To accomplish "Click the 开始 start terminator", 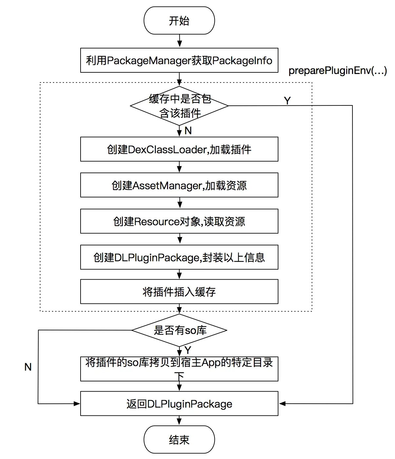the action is tap(179, 20).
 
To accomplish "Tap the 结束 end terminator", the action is tap(179, 439).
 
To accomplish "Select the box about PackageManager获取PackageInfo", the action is tap(179, 60).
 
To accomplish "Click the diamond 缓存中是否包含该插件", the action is tap(179, 106).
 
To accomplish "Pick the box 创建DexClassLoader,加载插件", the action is tap(179, 149).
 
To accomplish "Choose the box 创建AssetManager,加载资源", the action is tap(179, 185).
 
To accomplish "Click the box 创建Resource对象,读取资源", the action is tap(179, 221).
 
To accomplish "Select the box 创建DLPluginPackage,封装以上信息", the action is tap(179, 257).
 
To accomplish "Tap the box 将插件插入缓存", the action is tap(179, 292).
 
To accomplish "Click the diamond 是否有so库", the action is tap(179, 330).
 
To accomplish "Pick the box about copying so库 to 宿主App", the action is tap(179, 369).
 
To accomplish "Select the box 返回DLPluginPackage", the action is tap(179, 403).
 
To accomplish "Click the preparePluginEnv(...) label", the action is tap(338, 71).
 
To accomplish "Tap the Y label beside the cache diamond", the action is tap(287, 101).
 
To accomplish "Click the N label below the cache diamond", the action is tap(188, 130).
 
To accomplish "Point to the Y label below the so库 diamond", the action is tap(188, 350).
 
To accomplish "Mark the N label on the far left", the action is tap(28, 367).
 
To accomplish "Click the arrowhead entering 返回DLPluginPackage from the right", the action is tap(282, 403).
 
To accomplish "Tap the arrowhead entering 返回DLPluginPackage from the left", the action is tap(77, 403).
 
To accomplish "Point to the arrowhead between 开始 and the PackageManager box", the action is tap(179, 44).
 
